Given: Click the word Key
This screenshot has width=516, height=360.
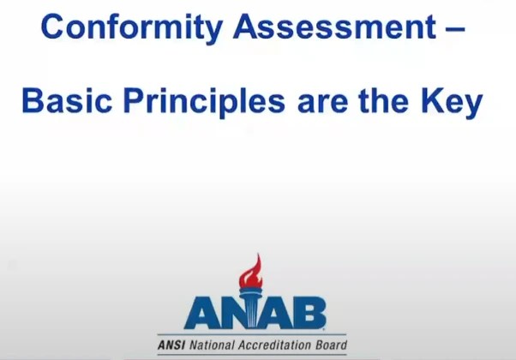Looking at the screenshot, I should (x=454, y=103).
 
